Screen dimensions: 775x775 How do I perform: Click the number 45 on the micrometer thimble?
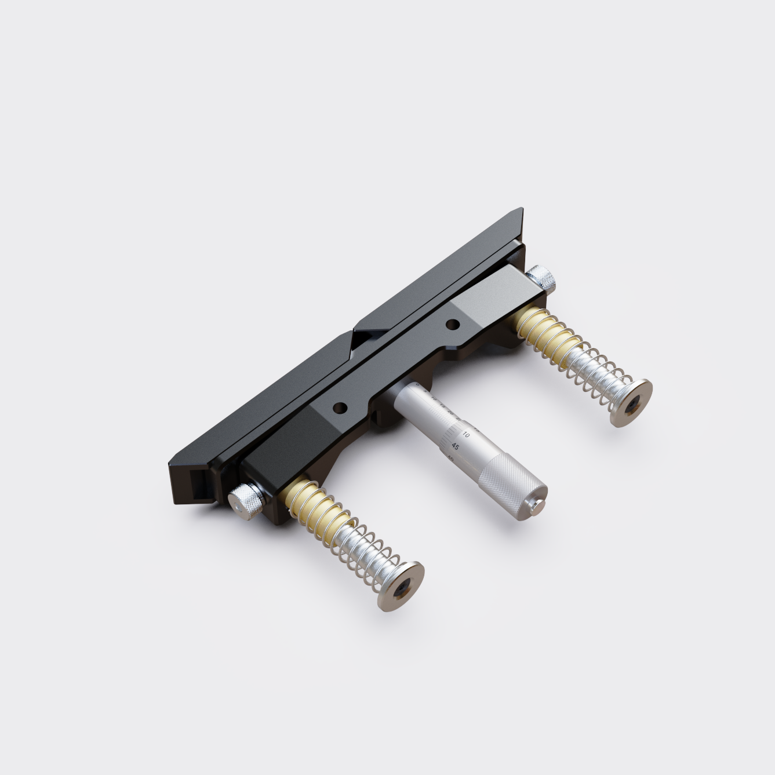456,447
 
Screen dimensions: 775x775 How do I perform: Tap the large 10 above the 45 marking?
467,434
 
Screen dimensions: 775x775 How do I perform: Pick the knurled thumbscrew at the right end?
543,277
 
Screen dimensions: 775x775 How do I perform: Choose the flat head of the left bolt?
400,585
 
